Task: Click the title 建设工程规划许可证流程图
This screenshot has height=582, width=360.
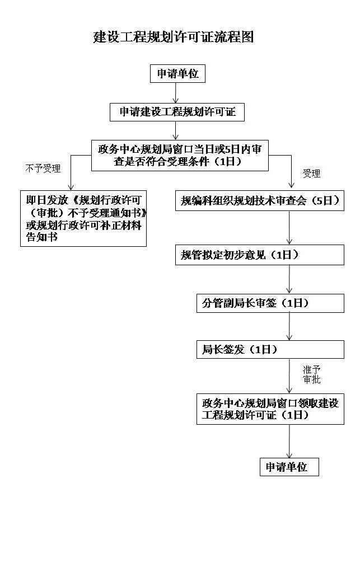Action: pyautogui.click(x=174, y=37)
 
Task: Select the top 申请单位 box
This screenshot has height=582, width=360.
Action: pyautogui.click(x=177, y=73)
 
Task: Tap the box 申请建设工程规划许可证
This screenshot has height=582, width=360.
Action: pyautogui.click(x=177, y=112)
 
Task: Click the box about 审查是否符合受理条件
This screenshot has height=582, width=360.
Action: pyautogui.click(x=180, y=156)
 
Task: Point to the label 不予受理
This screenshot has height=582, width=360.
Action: pyautogui.click(x=43, y=168)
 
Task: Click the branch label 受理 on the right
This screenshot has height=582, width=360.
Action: pyautogui.click(x=311, y=173)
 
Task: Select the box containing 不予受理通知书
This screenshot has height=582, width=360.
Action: pyautogui.click(x=83, y=218)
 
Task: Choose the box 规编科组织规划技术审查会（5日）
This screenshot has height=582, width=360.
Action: pyautogui.click(x=260, y=201)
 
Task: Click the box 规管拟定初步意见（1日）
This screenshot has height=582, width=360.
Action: pyautogui.click(x=260, y=255)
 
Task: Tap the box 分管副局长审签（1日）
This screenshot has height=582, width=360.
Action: pyautogui.click(x=270, y=303)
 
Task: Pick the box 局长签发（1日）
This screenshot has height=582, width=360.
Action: pyautogui.click(x=270, y=349)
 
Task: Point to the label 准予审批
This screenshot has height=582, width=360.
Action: pyautogui.click(x=311, y=374)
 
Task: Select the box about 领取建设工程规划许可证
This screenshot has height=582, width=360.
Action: pyautogui.click(x=270, y=409)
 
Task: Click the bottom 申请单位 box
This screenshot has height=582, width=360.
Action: pyautogui.click(x=289, y=467)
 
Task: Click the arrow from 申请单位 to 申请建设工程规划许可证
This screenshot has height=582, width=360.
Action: pyautogui.click(x=176, y=93)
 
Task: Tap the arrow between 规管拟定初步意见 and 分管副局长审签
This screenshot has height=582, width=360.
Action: pyautogui.click(x=289, y=279)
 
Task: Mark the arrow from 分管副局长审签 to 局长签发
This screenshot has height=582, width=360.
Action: pyautogui.click(x=289, y=326)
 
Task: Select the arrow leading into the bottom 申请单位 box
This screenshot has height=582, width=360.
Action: pyautogui.click(x=289, y=442)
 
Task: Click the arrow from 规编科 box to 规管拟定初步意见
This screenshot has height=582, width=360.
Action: pyautogui.click(x=289, y=228)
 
